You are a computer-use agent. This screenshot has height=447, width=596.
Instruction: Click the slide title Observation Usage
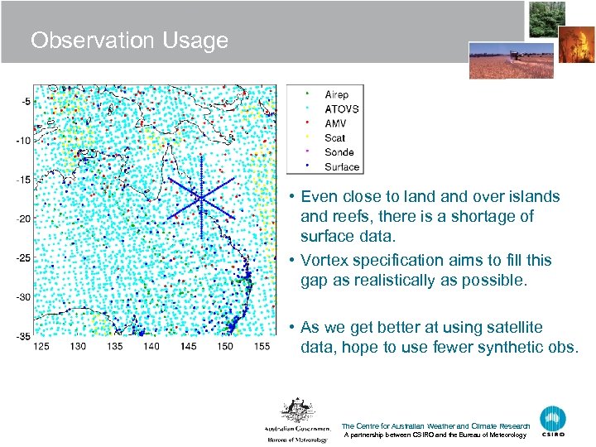pyautogui.click(x=129, y=41)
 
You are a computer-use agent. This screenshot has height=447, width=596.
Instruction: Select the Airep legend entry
pyautogui.click(x=336, y=95)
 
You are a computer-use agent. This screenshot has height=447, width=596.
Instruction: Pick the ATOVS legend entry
pyautogui.click(x=341, y=109)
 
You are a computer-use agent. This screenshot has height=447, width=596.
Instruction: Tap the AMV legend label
pyautogui.click(x=335, y=123)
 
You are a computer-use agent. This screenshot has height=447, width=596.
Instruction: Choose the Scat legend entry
pyautogui.click(x=334, y=138)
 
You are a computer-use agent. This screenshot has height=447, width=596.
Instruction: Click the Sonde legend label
pyautogui.click(x=339, y=152)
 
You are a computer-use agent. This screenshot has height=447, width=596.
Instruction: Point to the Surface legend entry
pyautogui.click(x=342, y=166)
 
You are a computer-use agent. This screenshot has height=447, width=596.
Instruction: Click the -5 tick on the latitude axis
pyautogui.click(x=26, y=102)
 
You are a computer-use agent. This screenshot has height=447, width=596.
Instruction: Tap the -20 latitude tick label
pyautogui.click(x=24, y=219)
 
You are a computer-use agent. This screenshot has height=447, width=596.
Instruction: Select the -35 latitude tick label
pyautogui.click(x=24, y=336)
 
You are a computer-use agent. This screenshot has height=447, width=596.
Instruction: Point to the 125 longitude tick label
pyautogui.click(x=41, y=346)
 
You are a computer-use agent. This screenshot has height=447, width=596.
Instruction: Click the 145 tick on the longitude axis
pyautogui.click(x=188, y=346)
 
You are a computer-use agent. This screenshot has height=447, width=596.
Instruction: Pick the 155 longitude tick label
pyautogui.click(x=261, y=346)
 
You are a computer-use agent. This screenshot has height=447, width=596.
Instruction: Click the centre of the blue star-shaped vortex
pyautogui.click(x=201, y=198)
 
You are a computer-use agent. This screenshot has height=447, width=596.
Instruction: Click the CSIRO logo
pyautogui.click(x=553, y=421)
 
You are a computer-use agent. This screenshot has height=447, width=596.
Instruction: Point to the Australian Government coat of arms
pyautogui.click(x=296, y=411)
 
